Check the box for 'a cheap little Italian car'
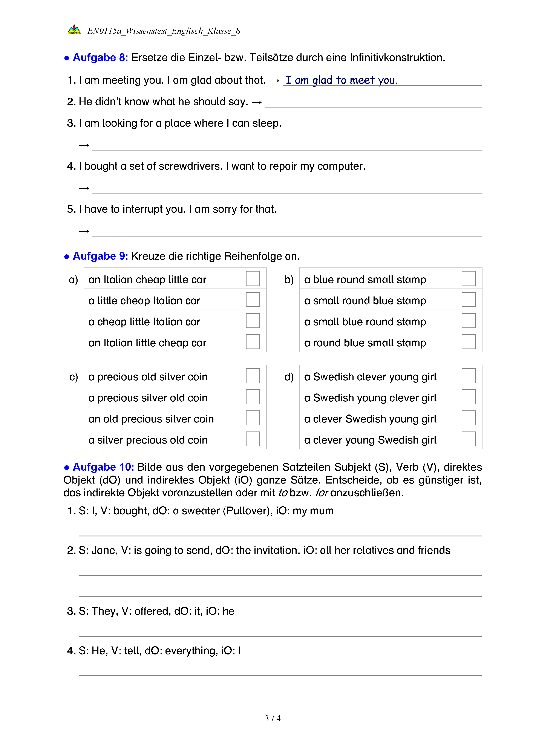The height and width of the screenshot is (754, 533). point(253,321)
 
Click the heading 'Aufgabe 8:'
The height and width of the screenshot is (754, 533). point(100,57)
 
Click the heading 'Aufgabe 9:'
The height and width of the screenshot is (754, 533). point(100,256)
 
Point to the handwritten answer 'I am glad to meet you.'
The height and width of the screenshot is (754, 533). point(341,80)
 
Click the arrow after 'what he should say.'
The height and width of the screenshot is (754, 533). point(257,103)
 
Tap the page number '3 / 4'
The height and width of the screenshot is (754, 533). point(272,719)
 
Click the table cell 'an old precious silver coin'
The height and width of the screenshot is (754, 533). point(151,419)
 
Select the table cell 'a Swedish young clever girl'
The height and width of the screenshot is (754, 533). point(370,398)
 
